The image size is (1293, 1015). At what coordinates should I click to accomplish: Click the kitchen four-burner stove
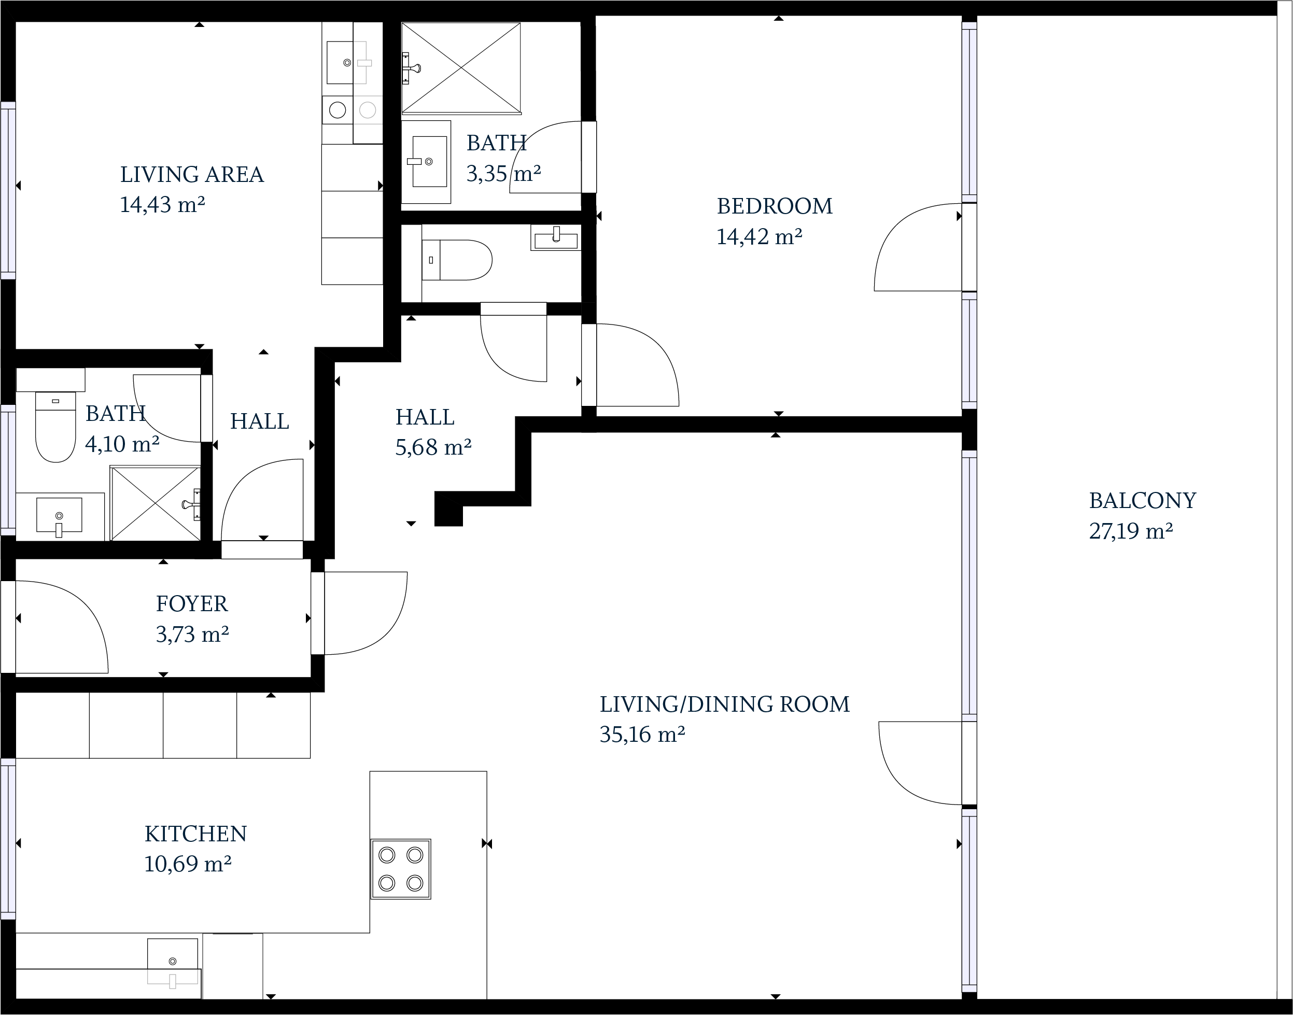pyautogui.click(x=400, y=869)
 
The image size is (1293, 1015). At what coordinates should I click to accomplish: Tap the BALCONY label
pyautogui.click(x=1142, y=500)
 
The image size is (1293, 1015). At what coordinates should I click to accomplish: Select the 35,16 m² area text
pyautogui.click(x=642, y=735)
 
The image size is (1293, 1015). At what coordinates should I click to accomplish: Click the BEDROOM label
pyautogui.click(x=774, y=206)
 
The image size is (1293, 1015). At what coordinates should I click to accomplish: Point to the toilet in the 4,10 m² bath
pyautogui.click(x=56, y=427)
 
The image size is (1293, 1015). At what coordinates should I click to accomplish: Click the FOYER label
pyautogui.click(x=191, y=604)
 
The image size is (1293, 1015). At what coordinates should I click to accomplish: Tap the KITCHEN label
pyautogui.click(x=195, y=834)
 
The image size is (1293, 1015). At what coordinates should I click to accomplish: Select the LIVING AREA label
pyautogui.click(x=192, y=175)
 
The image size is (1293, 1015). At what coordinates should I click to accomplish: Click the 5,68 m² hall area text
pyautogui.click(x=433, y=447)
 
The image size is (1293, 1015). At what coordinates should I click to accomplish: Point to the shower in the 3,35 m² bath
pyautogui.click(x=461, y=68)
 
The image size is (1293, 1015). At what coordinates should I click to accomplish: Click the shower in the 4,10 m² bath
pyautogui.click(x=155, y=503)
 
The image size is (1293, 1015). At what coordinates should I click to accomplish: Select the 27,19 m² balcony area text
pyautogui.click(x=1131, y=531)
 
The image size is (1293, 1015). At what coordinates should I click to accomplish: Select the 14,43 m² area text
pyautogui.click(x=163, y=205)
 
